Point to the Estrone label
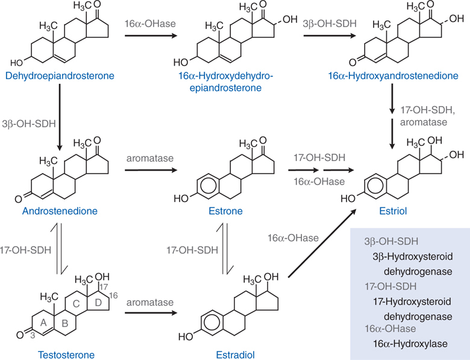click(x=226, y=212)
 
